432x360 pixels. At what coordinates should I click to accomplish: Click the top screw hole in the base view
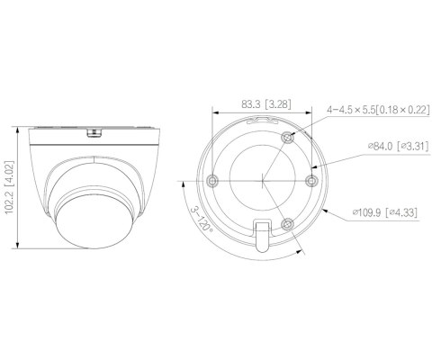coord(287,136)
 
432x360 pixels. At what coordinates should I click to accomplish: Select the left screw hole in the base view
coord(211,179)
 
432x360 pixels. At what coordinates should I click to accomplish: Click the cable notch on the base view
coord(262,233)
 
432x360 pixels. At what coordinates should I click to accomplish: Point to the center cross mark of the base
coord(262,179)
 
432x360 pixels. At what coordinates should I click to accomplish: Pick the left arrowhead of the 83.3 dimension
coord(213,114)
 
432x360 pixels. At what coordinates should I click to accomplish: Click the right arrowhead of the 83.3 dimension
coord(311,114)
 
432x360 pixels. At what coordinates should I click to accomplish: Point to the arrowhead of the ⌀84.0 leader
coord(310,167)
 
